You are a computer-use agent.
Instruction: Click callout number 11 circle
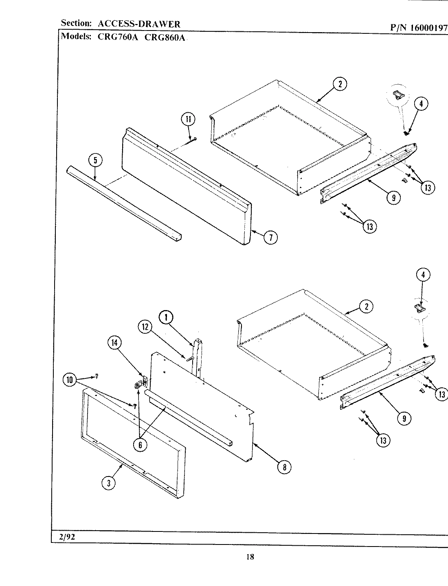tap(188, 119)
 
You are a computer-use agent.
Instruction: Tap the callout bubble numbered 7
tap(270, 237)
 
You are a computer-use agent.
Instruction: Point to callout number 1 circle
tap(166, 317)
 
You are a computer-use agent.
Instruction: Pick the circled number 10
tap(70, 380)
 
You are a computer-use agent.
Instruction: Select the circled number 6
tap(140, 444)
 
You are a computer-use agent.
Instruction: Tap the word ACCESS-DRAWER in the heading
tap(139, 24)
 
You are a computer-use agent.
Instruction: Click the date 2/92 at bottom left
tap(67, 536)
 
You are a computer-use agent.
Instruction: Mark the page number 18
tap(250, 557)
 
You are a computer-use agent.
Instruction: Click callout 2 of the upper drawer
tap(340, 84)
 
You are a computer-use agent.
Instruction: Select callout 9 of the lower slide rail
tap(404, 418)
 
